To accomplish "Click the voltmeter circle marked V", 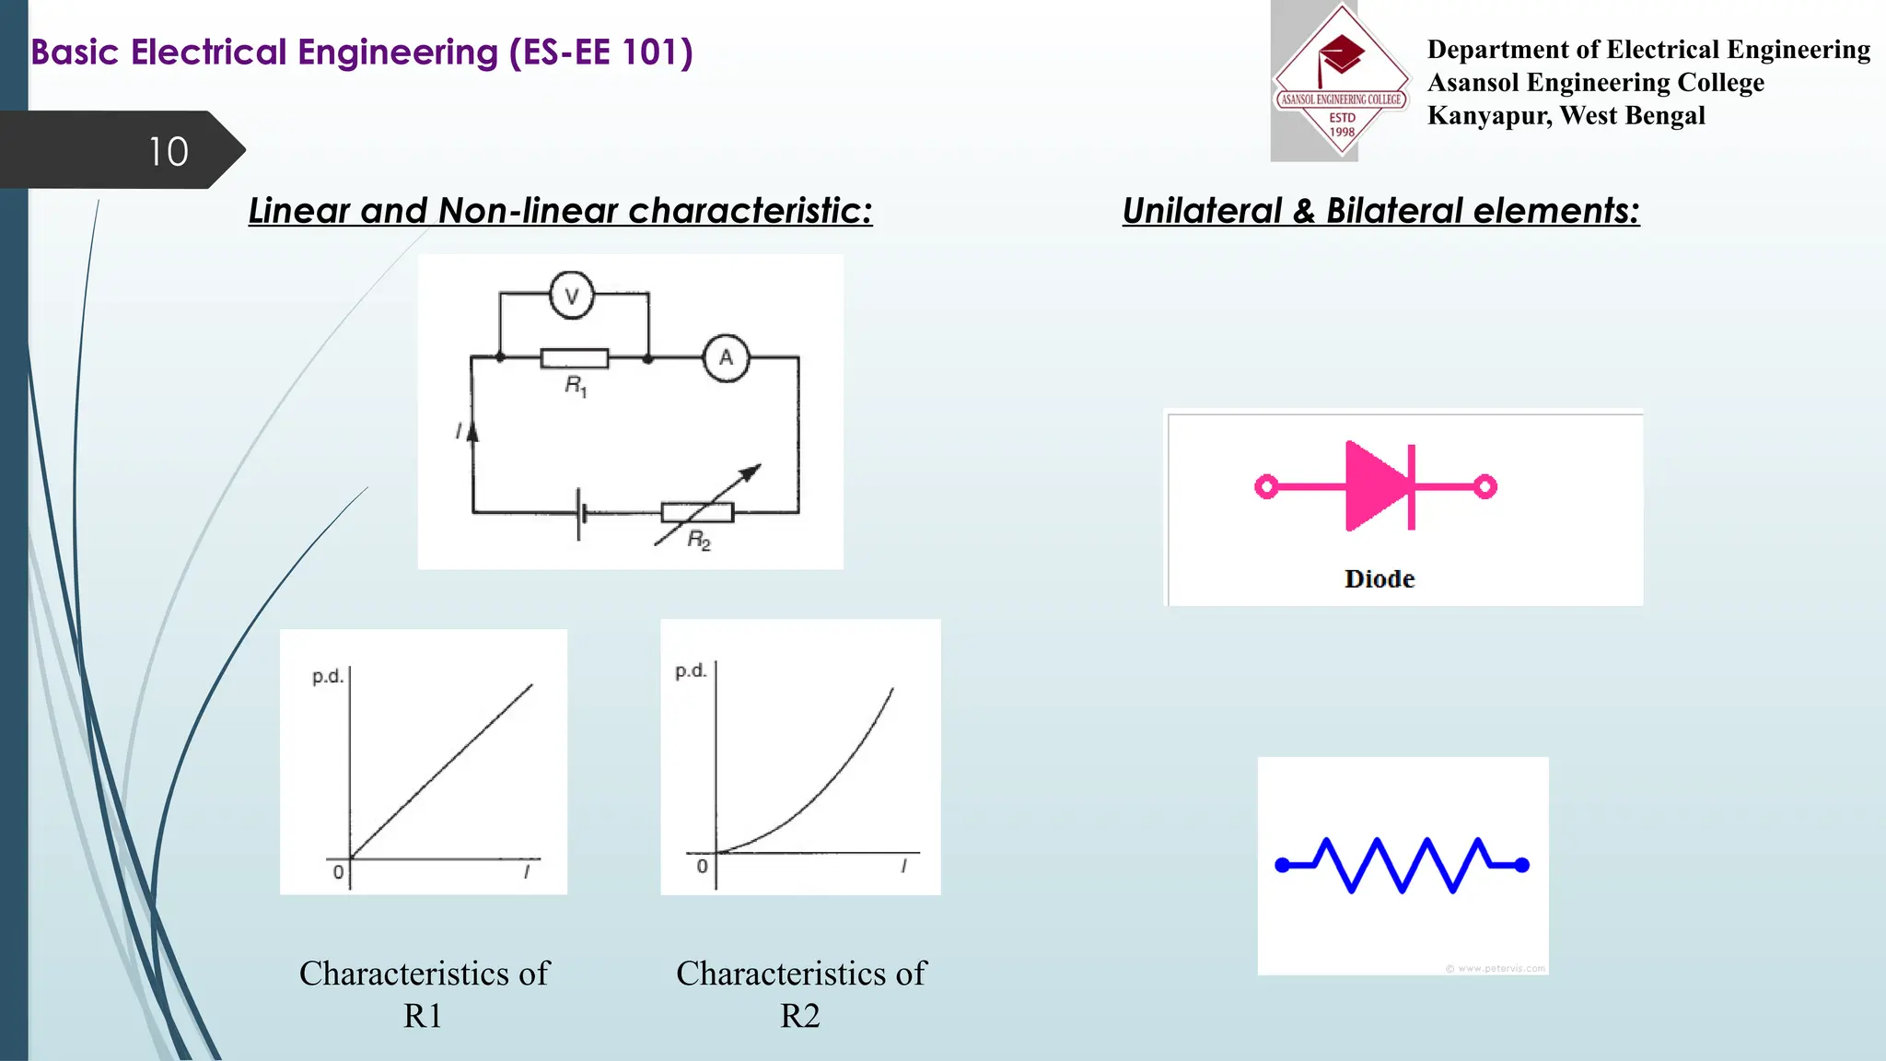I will point(572,296).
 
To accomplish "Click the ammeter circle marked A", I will point(726,358).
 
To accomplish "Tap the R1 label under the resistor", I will point(576,386).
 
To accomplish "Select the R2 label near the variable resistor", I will point(699,541).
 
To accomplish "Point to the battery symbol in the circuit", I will point(581,513).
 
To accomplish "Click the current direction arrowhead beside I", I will point(473,430).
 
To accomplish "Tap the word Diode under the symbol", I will point(1379,579).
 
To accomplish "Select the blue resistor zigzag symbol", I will point(1402,865).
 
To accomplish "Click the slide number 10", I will point(169,152).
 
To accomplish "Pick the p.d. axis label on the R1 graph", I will point(327,677).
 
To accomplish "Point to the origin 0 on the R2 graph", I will point(702,867).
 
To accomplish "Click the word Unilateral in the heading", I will point(1202,211).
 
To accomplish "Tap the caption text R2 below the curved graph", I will point(799,1016).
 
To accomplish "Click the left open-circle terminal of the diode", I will point(1266,486).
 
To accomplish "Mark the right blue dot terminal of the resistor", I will point(1521,865).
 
